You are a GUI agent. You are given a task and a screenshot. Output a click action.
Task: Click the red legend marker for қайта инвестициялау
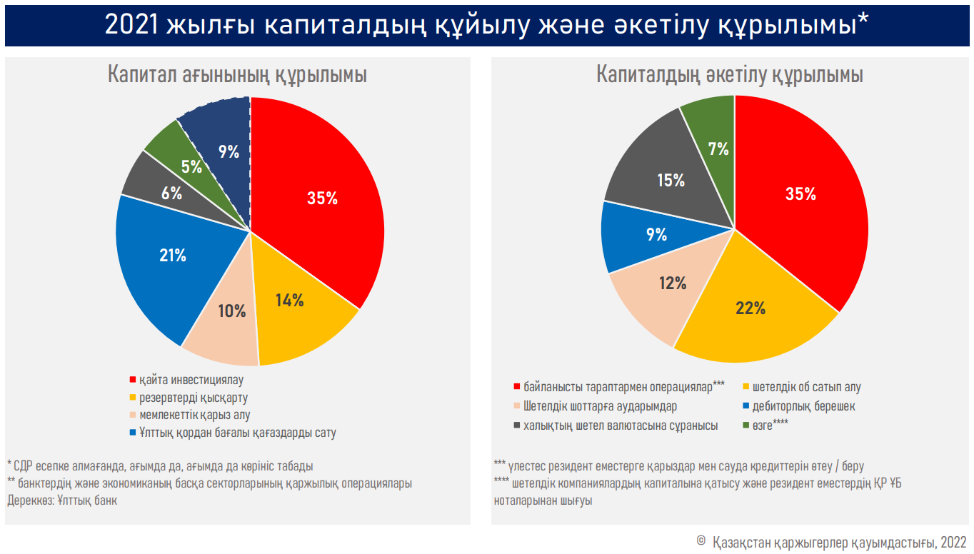point(133,380)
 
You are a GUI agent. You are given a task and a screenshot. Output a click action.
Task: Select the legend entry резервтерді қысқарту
point(194,398)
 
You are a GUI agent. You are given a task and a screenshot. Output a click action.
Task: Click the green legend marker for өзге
point(746,425)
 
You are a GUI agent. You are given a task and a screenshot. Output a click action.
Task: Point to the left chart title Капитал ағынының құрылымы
point(237,75)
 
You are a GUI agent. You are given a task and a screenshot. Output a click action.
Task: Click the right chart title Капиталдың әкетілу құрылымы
point(730,75)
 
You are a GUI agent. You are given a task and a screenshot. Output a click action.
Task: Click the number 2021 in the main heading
point(131,25)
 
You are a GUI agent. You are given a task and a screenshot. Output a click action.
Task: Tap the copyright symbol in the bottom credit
point(701,540)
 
